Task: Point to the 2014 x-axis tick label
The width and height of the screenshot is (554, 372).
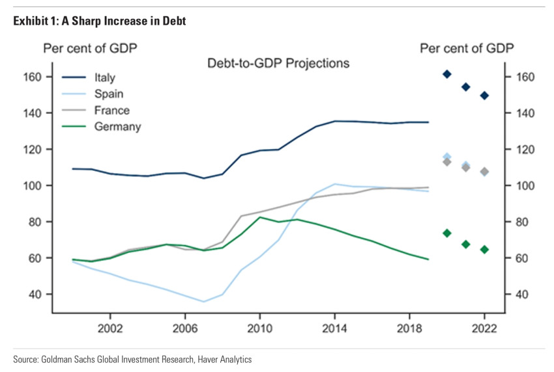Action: (x=334, y=327)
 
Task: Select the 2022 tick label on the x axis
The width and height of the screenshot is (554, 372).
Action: (x=484, y=327)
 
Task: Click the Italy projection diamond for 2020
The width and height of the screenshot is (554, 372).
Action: (x=447, y=74)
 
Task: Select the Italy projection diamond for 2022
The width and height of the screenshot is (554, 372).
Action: (x=484, y=96)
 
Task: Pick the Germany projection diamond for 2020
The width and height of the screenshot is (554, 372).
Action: (x=447, y=233)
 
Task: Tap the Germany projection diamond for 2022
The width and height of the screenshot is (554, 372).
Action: (x=484, y=249)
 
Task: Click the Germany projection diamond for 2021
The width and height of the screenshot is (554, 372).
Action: (x=466, y=244)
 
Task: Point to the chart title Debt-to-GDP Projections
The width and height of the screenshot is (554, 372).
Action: (x=278, y=63)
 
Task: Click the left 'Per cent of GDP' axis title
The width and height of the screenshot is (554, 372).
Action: (x=90, y=48)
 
